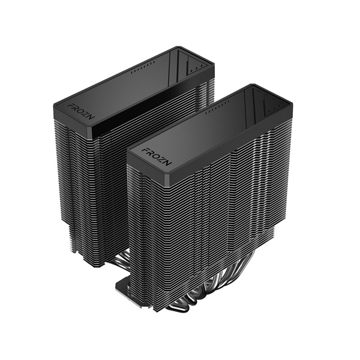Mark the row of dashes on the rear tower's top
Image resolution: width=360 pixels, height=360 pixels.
click(139, 71)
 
